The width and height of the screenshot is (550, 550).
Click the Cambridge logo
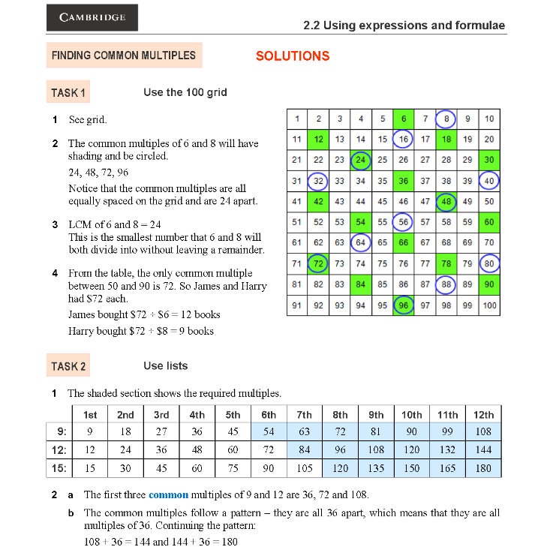[92, 17]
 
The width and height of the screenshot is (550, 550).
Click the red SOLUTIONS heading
[293, 56]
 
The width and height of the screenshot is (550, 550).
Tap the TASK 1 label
[68, 93]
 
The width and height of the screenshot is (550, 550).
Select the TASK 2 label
[68, 366]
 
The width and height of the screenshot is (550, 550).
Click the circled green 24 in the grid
[361, 160]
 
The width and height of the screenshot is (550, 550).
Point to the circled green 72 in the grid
[318, 263]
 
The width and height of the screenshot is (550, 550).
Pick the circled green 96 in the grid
[404, 305]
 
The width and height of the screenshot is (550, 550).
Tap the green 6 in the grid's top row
[404, 119]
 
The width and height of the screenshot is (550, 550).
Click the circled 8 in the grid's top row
[446, 119]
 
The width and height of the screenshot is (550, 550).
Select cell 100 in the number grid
[489, 305]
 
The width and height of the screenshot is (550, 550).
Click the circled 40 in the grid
[489, 181]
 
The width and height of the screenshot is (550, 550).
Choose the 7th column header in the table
[305, 414]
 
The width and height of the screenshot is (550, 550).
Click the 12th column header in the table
[484, 414]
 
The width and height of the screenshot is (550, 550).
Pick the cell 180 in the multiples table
[484, 468]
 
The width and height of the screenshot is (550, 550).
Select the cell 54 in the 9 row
[269, 431]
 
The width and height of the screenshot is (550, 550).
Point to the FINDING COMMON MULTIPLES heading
[124, 56]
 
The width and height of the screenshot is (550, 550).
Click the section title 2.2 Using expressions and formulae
[404, 26]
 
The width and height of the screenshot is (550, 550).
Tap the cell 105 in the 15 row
[305, 468]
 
